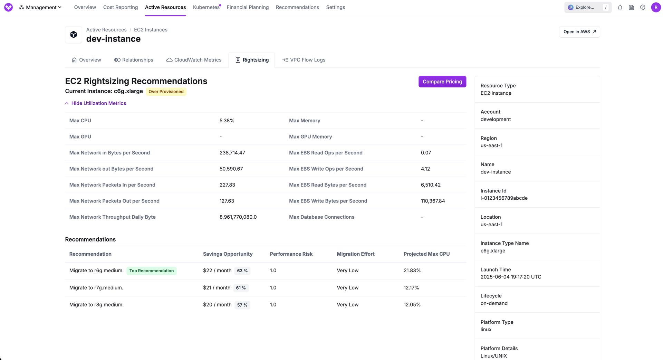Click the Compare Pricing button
[442, 82]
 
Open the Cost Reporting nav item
[120, 7]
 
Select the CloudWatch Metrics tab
[194, 60]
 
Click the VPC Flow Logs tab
[304, 60]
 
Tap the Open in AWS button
[579, 32]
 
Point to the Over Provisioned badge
[166, 92]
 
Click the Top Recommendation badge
[151, 271]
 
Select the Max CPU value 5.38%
[227, 121]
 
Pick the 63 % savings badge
[242, 271]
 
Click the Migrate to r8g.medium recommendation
[96, 305]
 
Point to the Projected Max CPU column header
[426, 254]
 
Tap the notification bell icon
[620, 7]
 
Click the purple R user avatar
[656, 7]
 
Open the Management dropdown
[40, 7]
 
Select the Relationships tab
[134, 60]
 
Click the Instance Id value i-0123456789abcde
[504, 198]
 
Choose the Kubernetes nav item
[206, 7]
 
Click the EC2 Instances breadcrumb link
[151, 30]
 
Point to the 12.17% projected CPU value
[411, 288]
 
